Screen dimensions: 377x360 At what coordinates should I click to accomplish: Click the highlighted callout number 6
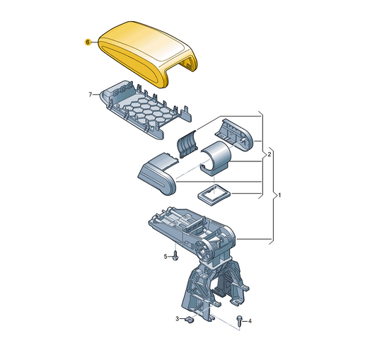[88, 42]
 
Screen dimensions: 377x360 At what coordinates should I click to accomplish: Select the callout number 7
[90, 95]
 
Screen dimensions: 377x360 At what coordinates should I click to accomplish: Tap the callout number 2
[269, 154]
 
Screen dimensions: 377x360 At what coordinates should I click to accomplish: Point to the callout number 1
[279, 195]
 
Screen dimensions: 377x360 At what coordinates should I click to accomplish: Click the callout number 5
[166, 257]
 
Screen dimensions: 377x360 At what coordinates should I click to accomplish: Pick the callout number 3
[178, 319]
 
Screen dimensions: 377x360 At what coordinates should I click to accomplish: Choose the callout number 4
[250, 321]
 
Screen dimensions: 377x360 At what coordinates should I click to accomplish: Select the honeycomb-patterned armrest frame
[146, 110]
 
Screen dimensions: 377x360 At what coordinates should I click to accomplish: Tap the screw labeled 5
[175, 255]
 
